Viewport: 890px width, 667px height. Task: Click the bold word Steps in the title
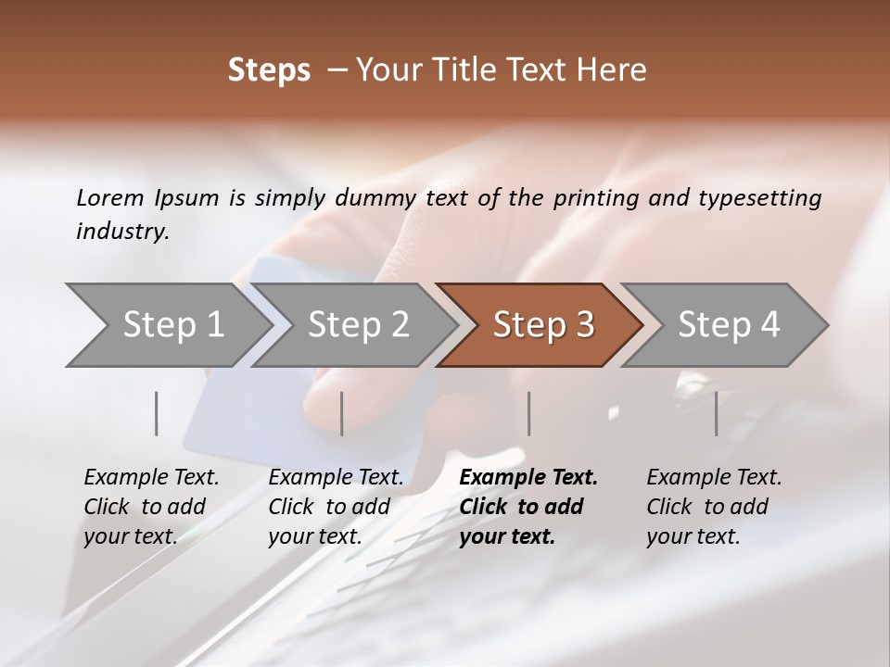tap(269, 70)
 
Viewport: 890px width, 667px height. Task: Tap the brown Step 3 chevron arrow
tap(543, 325)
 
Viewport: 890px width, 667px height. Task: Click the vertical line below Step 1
tap(157, 413)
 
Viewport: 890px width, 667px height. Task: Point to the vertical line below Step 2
tap(342, 413)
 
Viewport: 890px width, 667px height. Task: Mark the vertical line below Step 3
tap(529, 413)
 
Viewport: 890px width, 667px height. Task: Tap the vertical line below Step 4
tap(717, 413)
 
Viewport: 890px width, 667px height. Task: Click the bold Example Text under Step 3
tap(528, 478)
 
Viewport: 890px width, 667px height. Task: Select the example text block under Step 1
tap(151, 507)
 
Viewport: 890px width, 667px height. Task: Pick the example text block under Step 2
tap(336, 507)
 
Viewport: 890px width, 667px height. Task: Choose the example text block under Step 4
tap(714, 507)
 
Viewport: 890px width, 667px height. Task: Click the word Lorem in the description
tap(110, 197)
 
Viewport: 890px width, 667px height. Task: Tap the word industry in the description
tap(121, 232)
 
